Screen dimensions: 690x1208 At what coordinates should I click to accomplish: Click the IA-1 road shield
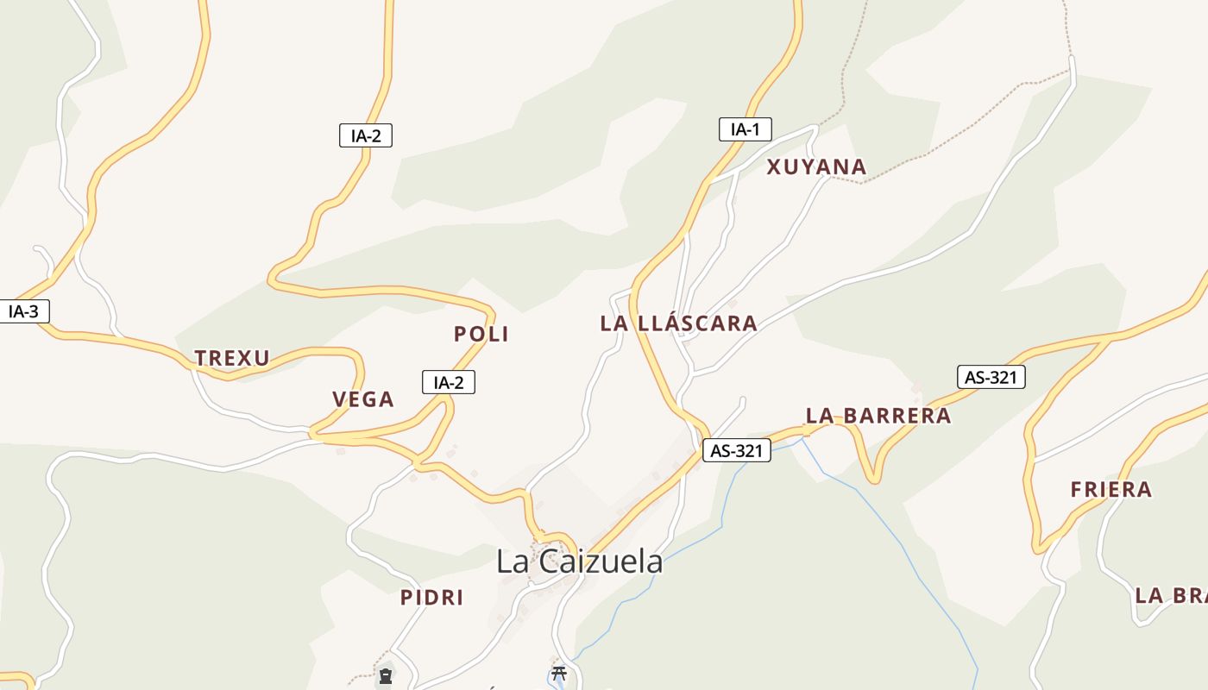point(745,129)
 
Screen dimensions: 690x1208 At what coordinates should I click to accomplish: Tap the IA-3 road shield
point(23,311)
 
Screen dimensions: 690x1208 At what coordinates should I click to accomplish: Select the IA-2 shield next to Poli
point(449,382)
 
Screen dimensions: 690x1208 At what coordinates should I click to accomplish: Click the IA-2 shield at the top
point(366,135)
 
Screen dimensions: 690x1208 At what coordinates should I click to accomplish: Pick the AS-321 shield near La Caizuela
point(736,450)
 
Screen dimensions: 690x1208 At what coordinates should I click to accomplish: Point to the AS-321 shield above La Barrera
point(991,377)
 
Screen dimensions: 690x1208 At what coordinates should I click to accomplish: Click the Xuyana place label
point(816,167)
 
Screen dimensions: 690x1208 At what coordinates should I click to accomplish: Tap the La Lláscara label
point(678,323)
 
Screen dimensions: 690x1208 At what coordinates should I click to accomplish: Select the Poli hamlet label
point(481,334)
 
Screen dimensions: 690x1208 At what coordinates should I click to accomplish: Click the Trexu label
point(232,358)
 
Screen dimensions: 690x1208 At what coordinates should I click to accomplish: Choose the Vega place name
point(363,399)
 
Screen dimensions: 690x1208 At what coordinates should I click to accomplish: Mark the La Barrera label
point(878,416)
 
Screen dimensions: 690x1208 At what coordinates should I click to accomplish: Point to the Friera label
point(1111,490)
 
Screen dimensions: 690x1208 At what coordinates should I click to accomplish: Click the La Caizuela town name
point(579,561)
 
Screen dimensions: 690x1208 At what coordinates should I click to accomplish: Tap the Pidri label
point(431,597)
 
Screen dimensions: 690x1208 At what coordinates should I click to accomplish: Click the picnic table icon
point(559,673)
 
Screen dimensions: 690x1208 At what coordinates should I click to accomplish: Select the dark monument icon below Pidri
point(385,676)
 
